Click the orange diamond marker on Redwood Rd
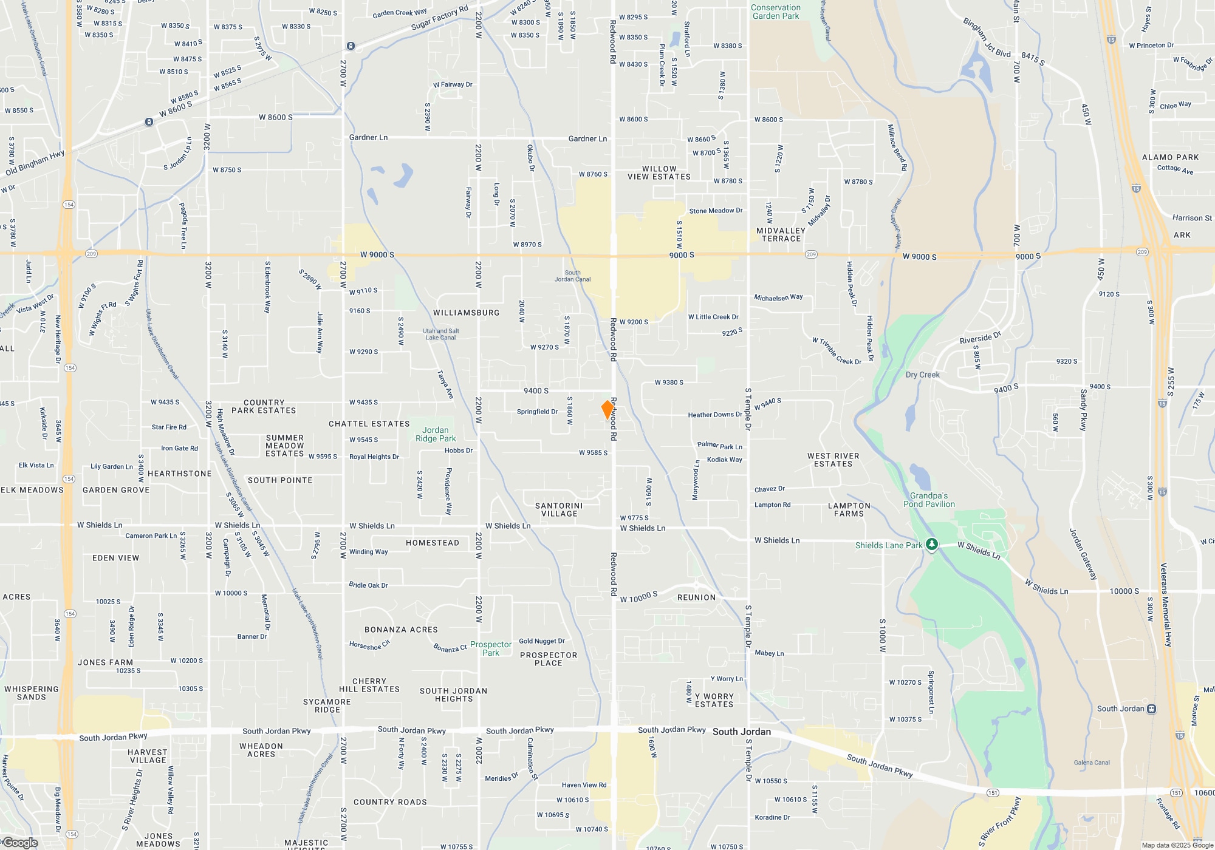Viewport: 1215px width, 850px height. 607,409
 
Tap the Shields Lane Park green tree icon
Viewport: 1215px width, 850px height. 931,545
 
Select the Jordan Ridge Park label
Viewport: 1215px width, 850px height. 436,435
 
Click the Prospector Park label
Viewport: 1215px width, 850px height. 491,648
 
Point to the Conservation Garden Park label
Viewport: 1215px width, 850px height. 776,12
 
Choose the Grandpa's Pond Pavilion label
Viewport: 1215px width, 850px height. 929,500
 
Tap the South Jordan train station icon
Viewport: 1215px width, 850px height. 1151,709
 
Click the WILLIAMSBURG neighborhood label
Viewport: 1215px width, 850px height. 466,313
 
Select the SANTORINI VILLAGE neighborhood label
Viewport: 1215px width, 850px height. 559,510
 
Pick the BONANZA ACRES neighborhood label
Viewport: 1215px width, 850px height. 401,630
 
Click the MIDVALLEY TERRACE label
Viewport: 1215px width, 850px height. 781,235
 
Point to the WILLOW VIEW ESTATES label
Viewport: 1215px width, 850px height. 659,173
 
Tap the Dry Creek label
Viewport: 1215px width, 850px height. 922,375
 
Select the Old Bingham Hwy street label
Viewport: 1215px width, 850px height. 35,163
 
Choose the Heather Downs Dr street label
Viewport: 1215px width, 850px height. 715,415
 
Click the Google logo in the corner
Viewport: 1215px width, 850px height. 20,843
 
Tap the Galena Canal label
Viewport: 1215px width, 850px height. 1092,763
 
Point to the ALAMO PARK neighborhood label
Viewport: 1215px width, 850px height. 1170,157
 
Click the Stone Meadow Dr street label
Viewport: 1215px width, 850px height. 716,211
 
